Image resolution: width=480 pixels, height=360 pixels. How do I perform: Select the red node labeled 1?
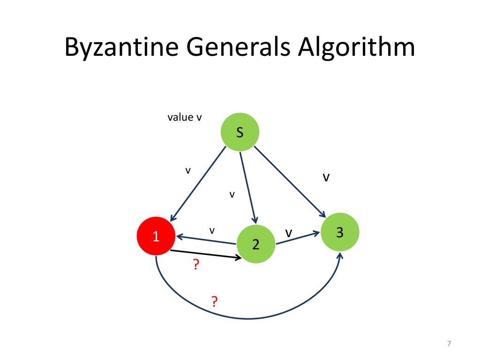click(156, 237)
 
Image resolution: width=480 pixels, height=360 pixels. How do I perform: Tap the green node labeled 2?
click(255, 244)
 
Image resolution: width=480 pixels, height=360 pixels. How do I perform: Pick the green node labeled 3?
click(340, 232)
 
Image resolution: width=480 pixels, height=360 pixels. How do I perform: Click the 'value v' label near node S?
click(185, 117)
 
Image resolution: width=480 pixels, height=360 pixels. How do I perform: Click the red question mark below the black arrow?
click(196, 266)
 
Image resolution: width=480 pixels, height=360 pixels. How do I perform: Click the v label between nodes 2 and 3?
click(289, 232)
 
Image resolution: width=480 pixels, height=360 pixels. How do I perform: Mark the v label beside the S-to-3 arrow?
click(326, 178)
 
